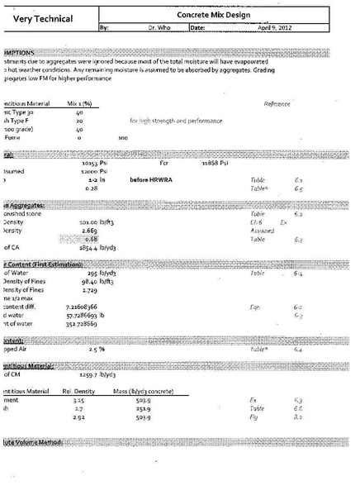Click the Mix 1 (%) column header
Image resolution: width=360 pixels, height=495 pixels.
coord(78,103)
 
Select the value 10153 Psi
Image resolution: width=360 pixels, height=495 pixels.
coord(96,163)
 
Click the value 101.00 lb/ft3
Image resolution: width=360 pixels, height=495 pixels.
coord(96,221)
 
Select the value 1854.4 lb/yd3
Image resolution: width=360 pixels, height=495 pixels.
coord(96,247)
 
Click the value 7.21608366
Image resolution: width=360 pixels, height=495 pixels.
coord(83,305)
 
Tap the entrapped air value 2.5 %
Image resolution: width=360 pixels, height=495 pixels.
coord(96,350)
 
